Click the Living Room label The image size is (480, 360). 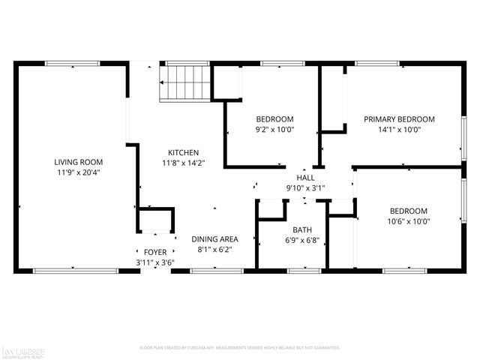coord(78,162)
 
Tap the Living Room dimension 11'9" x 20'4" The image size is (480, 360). coord(78,172)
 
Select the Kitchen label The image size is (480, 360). coord(183,152)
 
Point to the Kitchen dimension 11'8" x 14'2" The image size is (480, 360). coord(183,162)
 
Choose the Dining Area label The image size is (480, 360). coord(214,239)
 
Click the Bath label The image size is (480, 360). coord(302,230)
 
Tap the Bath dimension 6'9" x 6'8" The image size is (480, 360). coord(302,240)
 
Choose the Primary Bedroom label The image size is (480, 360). coord(399,119)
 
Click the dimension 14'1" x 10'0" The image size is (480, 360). coord(399,129)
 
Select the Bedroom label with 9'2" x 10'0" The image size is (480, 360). coord(274,119)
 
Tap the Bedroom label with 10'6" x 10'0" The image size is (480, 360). coord(408,211)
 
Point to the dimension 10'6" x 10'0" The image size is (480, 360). coord(408,221)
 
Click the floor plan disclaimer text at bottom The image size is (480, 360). coord(240,348)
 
